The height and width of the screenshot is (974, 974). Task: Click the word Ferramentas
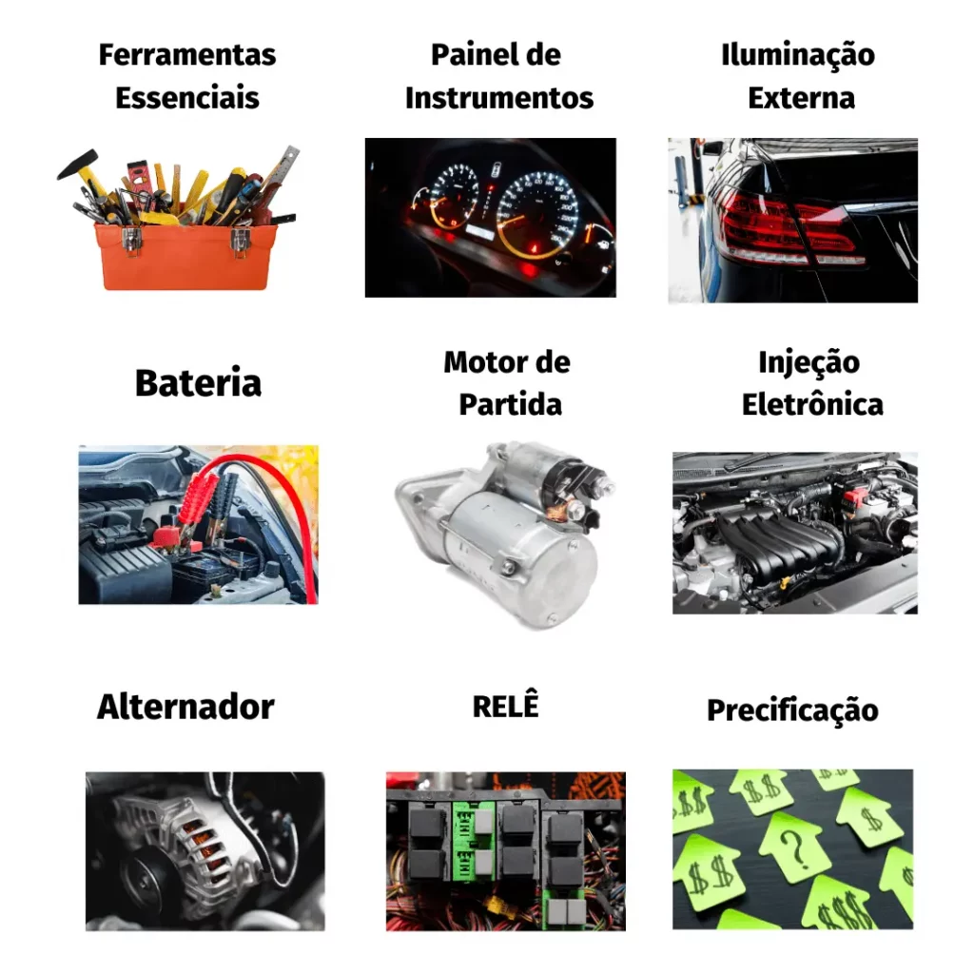(187, 54)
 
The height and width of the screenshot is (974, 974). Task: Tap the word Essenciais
(187, 98)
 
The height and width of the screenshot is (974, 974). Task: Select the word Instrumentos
(499, 98)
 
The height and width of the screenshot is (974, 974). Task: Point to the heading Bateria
(198, 382)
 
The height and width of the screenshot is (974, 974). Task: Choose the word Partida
(510, 404)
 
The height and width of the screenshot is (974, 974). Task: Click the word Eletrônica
(812, 404)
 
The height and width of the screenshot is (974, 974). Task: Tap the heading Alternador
(185, 707)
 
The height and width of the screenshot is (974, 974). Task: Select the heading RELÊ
(506, 705)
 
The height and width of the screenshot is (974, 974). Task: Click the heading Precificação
(792, 711)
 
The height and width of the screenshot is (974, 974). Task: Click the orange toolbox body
(186, 257)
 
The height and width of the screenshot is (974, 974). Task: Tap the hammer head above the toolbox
(77, 163)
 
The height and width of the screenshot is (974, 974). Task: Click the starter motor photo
(504, 535)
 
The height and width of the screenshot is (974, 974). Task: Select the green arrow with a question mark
(794, 847)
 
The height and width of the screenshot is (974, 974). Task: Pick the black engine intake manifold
(781, 544)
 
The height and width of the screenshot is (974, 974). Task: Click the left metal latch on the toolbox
(130, 240)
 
